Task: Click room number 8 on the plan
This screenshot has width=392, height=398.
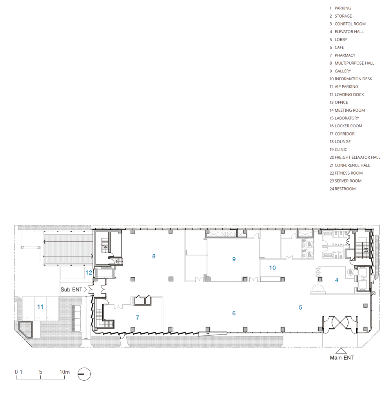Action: tap(154, 256)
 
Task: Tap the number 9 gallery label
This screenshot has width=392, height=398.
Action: tap(234, 259)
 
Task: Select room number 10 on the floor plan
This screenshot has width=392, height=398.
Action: tap(272, 268)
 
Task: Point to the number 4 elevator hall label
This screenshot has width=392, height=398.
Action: tap(337, 280)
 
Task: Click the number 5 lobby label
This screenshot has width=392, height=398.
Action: tap(301, 308)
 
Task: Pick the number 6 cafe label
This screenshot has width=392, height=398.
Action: tap(234, 313)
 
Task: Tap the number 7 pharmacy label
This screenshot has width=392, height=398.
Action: tap(138, 318)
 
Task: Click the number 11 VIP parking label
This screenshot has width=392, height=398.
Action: tap(40, 307)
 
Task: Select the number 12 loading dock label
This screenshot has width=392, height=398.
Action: tap(89, 273)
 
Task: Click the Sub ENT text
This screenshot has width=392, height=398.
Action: tap(71, 289)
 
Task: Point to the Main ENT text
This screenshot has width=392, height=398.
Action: tap(342, 358)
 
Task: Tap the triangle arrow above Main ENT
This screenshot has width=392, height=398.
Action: tap(341, 351)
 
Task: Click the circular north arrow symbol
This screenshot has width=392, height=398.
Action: tap(84, 374)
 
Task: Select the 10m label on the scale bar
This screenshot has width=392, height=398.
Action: tap(65, 372)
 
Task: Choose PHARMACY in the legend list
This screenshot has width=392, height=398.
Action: tap(345, 55)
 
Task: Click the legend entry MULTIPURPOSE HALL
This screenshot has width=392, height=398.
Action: tap(354, 63)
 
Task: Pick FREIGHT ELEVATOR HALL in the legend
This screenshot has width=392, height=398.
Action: tap(358, 157)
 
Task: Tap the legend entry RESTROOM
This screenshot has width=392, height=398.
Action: tap(345, 189)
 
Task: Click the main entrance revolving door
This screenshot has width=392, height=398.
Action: tap(340, 322)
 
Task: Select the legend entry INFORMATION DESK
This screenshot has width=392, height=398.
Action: tap(353, 79)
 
